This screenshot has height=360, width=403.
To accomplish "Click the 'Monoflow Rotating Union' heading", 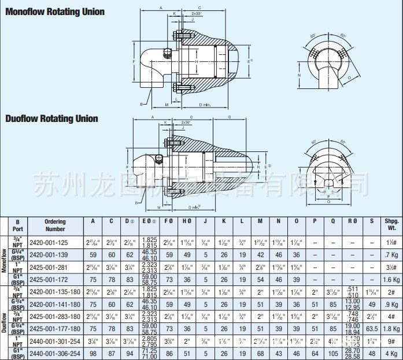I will (x=55, y=12).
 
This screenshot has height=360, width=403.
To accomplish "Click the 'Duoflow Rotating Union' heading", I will (x=51, y=118).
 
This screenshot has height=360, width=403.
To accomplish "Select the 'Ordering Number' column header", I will (x=56, y=225).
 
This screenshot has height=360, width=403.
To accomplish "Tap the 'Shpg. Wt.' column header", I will (x=389, y=225).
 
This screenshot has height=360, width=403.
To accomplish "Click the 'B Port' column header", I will (x=18, y=225).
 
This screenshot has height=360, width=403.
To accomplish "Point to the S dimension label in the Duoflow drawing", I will (x=230, y=117).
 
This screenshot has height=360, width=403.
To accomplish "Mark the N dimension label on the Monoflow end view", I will (x=299, y=76).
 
